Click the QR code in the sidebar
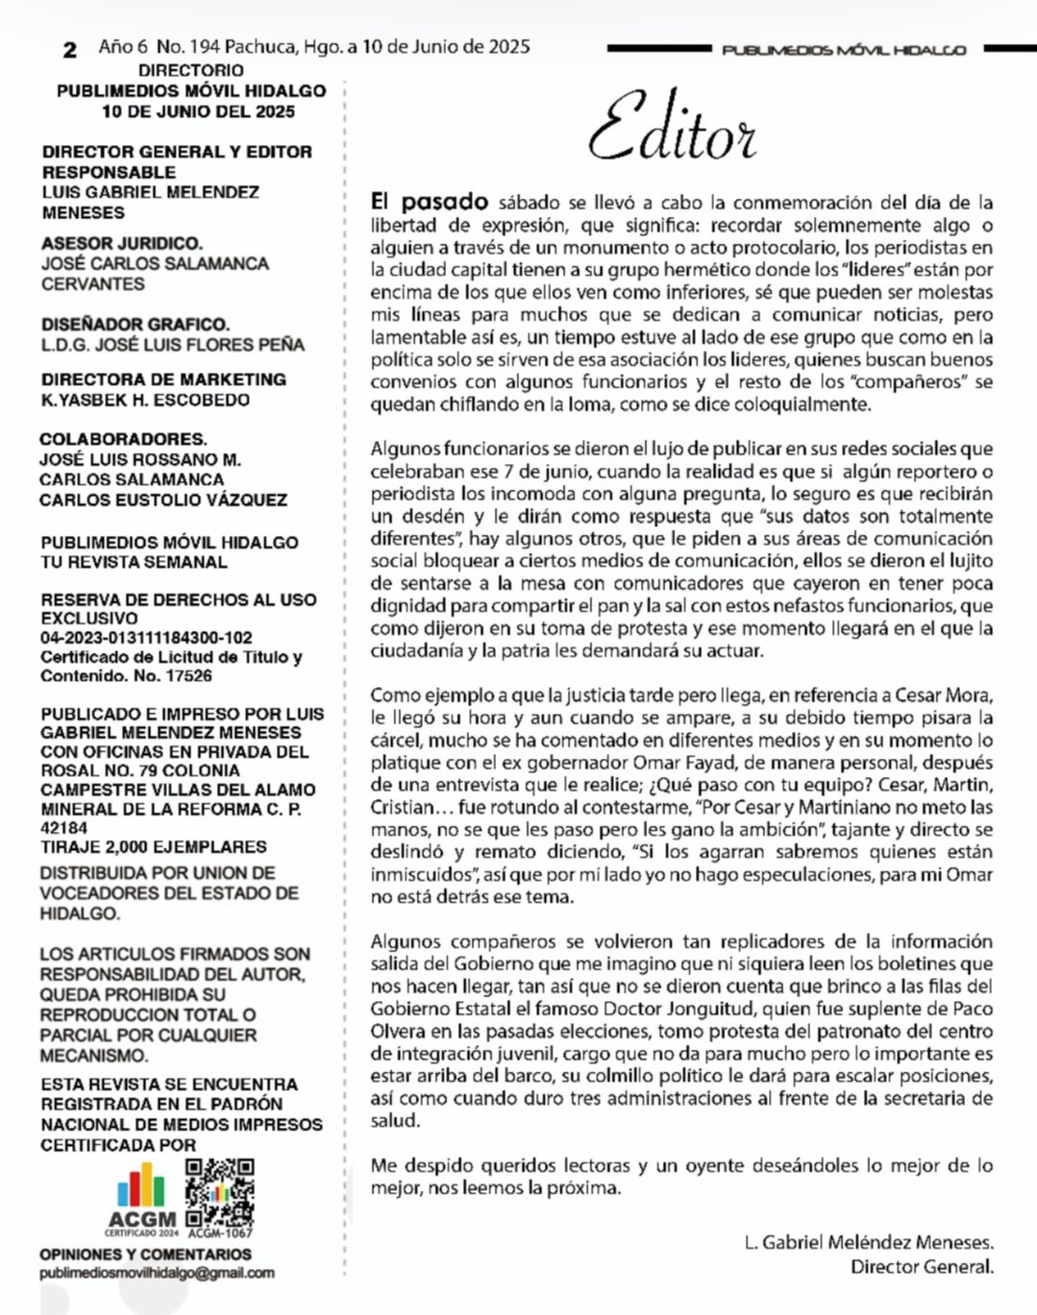tap(219, 1193)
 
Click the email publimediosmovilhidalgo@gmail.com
tap(157, 1273)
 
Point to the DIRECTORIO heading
tap(190, 70)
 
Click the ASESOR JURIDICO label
tap(122, 243)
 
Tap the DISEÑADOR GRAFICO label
tap(136, 325)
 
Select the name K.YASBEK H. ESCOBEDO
tap(145, 400)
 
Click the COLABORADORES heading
tap(123, 439)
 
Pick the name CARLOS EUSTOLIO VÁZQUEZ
tap(163, 499)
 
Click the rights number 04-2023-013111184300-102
tap(146, 638)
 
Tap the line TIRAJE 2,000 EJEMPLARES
tap(154, 847)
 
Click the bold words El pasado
tap(430, 203)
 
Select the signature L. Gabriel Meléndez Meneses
tap(869, 1243)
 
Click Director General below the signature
tap(922, 1267)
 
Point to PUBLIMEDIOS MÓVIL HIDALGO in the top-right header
tap(844, 50)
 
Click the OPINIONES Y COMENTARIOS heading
tap(145, 1254)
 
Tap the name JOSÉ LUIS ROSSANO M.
tap(140, 459)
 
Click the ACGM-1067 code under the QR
tap(220, 1233)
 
